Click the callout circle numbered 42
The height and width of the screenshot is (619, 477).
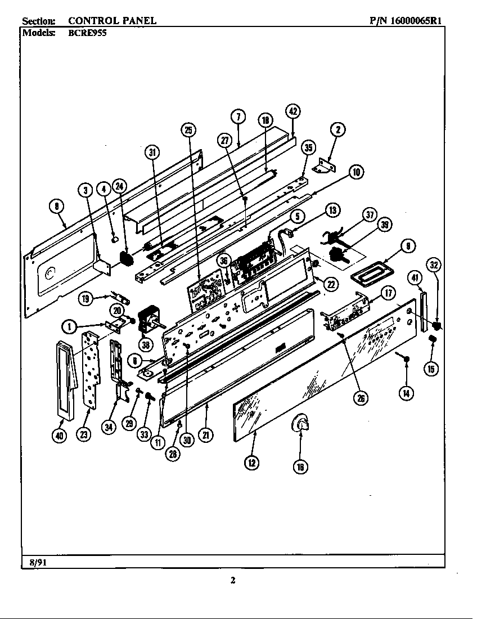[x=292, y=111]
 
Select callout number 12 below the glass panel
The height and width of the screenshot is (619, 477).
[x=251, y=463]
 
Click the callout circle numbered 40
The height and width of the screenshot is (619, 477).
[x=61, y=436]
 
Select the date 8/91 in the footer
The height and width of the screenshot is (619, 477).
[x=34, y=562]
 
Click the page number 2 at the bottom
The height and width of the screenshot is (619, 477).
[x=233, y=581]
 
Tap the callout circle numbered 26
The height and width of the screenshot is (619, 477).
[x=359, y=398]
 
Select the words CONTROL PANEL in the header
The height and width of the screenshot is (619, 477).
[x=112, y=21]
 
